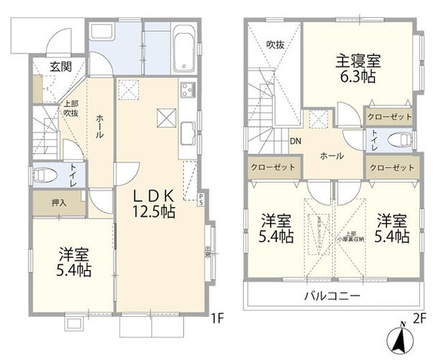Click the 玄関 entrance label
tap(60, 67)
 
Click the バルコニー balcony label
tap(331, 295)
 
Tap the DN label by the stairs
tap(295, 141)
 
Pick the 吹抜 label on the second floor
tap(275, 44)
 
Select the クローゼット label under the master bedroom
tap(390, 116)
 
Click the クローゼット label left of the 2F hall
tap(272, 167)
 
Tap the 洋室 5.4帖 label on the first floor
tap(75, 261)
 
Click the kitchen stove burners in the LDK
tap(187, 91)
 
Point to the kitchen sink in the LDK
tap(188, 132)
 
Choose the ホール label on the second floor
tap(332, 156)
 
